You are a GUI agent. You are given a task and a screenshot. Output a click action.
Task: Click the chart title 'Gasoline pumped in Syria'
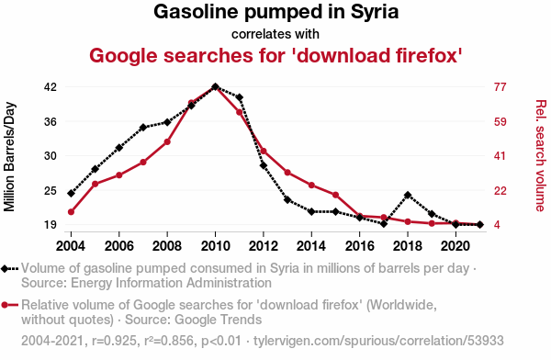tap(275, 12)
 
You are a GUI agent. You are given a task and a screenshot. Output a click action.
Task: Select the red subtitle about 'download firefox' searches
tap(275, 55)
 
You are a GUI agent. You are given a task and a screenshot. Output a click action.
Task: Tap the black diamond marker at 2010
tap(216, 87)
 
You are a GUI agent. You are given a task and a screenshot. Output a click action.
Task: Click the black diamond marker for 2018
tap(408, 195)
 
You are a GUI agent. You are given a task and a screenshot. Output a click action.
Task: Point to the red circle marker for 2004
tap(71, 212)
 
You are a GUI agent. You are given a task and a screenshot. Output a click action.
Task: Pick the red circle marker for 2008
tap(167, 142)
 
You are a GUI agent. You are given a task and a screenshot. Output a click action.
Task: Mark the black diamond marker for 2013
tap(287, 200)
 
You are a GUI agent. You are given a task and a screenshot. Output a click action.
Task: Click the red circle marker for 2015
tap(335, 195)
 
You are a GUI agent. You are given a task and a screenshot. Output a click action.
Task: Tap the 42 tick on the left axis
tap(51, 87)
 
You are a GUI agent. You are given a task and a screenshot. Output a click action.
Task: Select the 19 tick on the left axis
tap(51, 225)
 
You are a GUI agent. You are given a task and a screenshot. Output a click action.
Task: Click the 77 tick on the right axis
tap(500, 87)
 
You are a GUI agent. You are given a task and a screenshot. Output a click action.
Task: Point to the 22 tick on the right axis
tap(500, 191)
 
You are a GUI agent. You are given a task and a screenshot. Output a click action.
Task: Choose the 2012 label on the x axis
tap(264, 246)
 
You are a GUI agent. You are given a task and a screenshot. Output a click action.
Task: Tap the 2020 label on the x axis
tap(455, 246)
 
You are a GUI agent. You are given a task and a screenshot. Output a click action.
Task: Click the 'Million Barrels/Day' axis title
tap(9, 157)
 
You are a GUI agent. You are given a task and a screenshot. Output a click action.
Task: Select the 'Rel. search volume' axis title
tap(541, 156)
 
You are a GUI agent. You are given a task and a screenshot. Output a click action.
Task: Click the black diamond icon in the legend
tap(5, 269)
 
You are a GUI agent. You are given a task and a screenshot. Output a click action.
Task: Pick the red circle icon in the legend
tap(5, 305)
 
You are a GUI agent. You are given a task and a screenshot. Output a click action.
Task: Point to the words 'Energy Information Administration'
tap(171, 283)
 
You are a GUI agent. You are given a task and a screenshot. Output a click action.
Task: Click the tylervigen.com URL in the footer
tap(378, 341)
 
